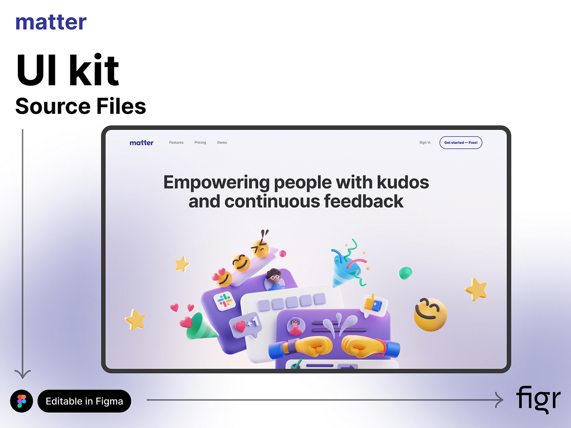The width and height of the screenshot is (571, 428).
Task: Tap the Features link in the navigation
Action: [x=176, y=143]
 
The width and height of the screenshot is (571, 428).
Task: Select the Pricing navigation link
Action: [x=200, y=143]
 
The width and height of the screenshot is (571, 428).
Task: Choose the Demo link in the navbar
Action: [x=222, y=143]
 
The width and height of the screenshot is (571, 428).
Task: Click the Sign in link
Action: [x=425, y=143]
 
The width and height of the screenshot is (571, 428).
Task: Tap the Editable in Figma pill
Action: [x=84, y=401]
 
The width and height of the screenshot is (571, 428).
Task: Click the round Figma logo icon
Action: [x=22, y=401]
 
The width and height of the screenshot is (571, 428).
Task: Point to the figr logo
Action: [x=538, y=399]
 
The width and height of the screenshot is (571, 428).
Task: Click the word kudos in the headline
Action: [x=403, y=182]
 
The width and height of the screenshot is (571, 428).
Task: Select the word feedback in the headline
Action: [x=364, y=202]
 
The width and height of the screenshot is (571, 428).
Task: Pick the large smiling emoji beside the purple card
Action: [x=430, y=314]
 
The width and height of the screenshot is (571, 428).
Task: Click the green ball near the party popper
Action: [x=405, y=273]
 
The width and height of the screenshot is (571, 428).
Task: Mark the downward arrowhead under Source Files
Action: [x=22, y=374]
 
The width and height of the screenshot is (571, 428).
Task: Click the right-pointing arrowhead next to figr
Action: [x=499, y=400]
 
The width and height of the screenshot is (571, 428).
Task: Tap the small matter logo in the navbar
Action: [x=141, y=143]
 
